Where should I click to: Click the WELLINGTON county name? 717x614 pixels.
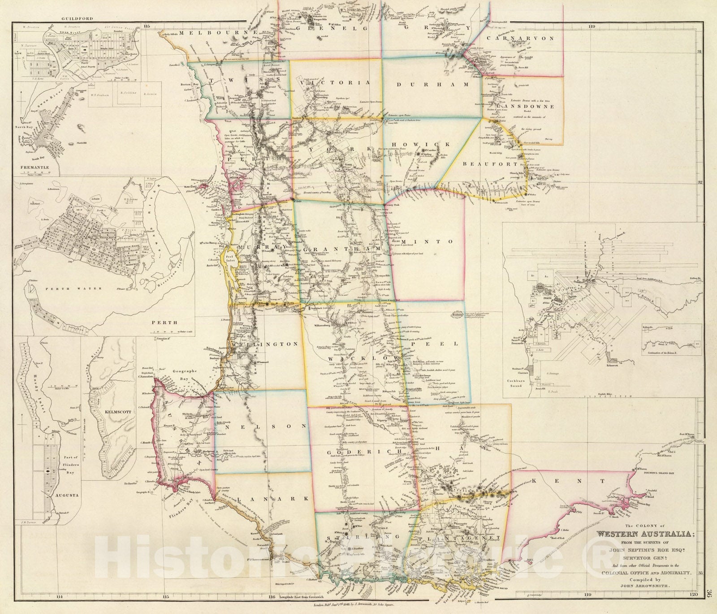coord(264,344)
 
